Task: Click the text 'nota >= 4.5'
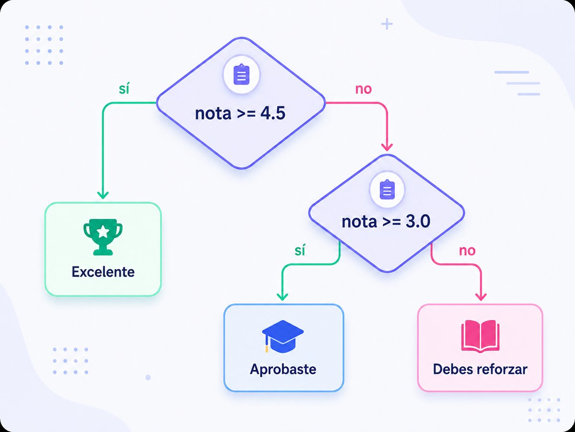(240, 114)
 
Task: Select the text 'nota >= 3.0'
(386, 222)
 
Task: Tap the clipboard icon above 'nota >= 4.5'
(241, 74)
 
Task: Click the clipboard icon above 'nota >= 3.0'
(387, 190)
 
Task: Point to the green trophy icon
(103, 237)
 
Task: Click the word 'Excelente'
(103, 272)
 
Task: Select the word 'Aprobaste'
(283, 369)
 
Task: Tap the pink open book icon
(480, 336)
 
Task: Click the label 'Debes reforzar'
(480, 369)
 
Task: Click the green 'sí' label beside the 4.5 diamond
(124, 89)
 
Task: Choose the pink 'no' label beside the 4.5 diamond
(363, 89)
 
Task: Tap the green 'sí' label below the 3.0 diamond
(300, 251)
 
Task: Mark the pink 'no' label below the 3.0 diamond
(467, 251)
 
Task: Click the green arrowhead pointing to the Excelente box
(103, 195)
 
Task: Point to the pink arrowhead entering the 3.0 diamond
(387, 147)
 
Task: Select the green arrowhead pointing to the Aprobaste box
(282, 297)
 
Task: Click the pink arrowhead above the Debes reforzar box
(481, 297)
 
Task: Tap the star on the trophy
(103, 231)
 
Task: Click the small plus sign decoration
(387, 24)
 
